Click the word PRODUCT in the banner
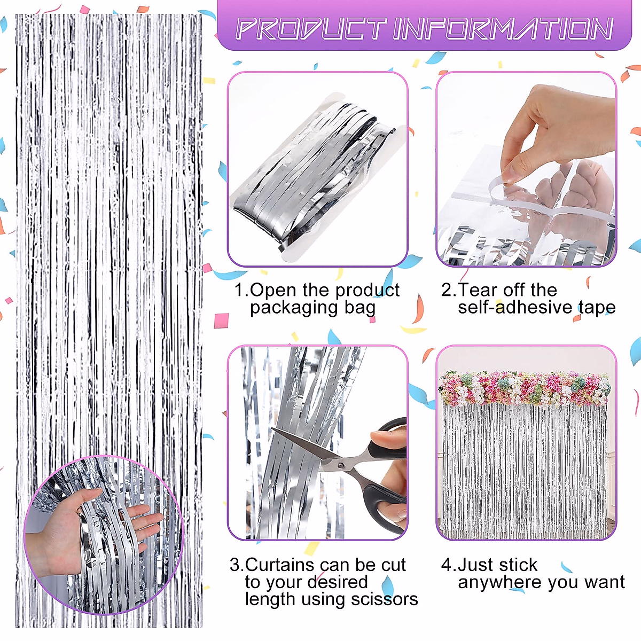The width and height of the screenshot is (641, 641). [x=310, y=29]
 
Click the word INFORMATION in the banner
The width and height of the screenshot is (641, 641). [x=503, y=29]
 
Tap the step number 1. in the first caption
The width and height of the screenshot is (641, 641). [x=241, y=290]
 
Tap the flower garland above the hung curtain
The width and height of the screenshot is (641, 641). [x=523, y=387]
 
